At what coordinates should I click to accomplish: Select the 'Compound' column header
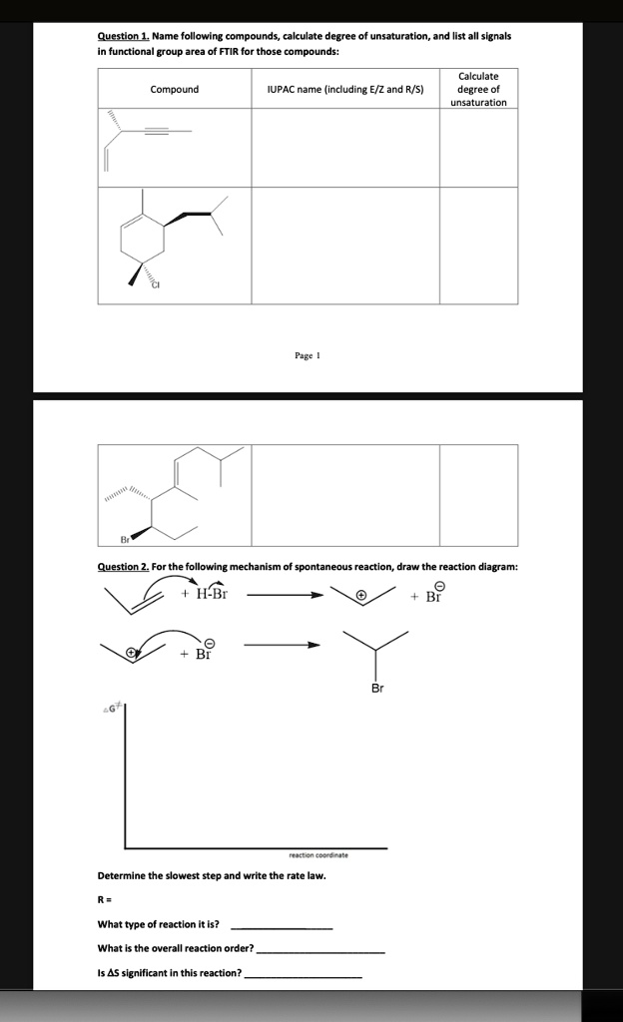coord(174,90)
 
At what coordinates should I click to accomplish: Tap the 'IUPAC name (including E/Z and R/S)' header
coord(345,90)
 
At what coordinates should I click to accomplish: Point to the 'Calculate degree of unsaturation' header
coord(478,89)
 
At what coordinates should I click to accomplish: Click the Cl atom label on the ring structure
coord(156,285)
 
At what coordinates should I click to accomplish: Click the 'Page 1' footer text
coord(307,355)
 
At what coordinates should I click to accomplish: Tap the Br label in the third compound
coord(125,540)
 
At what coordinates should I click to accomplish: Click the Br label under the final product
coord(376,689)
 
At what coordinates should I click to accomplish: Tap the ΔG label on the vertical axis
coord(109,708)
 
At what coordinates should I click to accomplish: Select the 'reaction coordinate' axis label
coord(318,855)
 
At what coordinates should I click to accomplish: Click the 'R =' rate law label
coord(104,900)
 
